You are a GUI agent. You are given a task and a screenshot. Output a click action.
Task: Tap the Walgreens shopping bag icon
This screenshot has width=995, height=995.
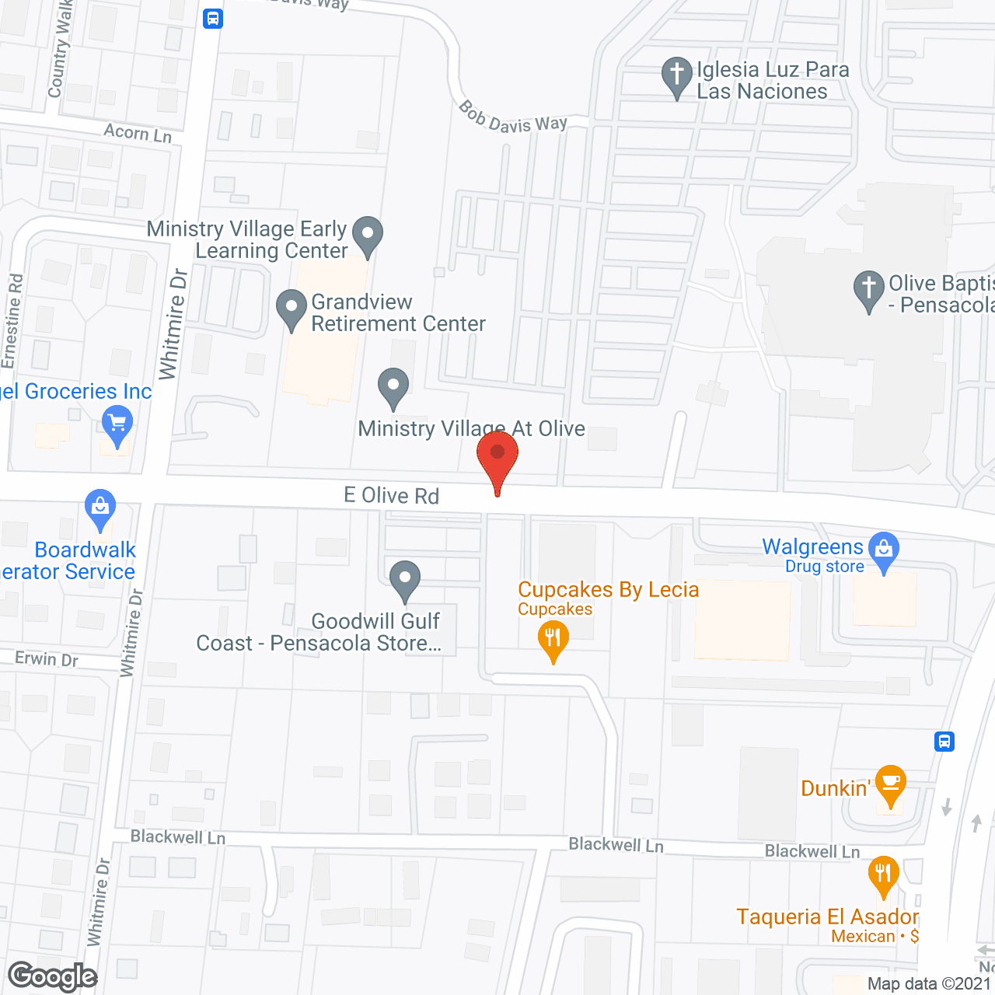point(883,550)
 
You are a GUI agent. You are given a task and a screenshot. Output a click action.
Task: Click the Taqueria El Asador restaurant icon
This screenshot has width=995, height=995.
point(883,874)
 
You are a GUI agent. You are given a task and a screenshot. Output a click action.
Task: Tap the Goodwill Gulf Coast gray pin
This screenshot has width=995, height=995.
point(405,579)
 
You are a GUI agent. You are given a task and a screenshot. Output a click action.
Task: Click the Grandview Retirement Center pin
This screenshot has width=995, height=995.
point(292,308)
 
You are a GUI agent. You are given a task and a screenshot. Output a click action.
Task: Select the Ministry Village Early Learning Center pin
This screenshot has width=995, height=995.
point(368,233)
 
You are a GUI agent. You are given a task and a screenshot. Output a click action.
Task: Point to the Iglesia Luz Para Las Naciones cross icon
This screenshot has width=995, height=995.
point(677,75)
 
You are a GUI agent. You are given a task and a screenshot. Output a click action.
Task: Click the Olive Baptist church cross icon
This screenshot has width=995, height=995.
point(869,288)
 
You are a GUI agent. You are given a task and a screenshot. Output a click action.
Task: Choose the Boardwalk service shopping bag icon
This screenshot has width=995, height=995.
point(100,508)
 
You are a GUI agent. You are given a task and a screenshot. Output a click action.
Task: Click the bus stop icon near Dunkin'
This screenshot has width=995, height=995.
point(944,741)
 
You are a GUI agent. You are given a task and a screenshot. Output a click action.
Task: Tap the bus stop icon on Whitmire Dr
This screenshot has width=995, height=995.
point(213,19)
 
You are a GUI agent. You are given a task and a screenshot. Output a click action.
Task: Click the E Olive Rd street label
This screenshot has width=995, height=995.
point(392,495)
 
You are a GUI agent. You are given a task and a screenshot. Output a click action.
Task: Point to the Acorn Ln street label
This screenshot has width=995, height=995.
point(138,133)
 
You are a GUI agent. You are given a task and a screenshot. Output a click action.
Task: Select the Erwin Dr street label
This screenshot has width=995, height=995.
point(47,659)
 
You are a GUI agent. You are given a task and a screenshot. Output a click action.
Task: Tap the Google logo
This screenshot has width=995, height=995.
point(53,976)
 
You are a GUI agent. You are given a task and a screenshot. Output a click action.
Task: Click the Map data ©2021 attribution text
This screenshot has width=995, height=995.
point(929,984)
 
